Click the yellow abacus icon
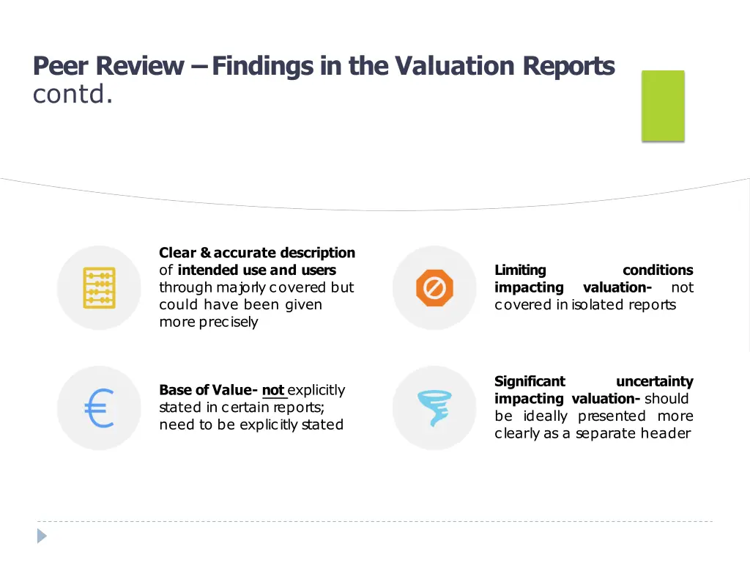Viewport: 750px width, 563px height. (98, 287)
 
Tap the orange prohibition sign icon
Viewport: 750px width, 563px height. (434, 287)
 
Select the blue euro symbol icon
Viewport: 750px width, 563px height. (99, 408)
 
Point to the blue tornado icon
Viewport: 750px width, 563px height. (434, 408)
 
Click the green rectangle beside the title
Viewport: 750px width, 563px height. (663, 106)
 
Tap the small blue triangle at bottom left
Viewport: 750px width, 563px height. (42, 536)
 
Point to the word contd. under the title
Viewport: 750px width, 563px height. (73, 95)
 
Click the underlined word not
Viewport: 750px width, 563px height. (273, 390)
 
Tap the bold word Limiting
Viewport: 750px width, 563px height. (520, 271)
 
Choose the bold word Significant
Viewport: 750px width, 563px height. (530, 381)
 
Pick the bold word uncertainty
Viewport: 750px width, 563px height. (654, 381)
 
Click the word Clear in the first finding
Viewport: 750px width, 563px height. (177, 253)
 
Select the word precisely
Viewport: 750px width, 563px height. (229, 323)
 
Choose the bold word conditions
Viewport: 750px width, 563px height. (657, 271)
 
